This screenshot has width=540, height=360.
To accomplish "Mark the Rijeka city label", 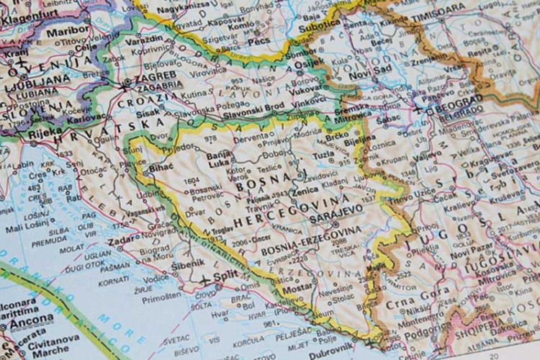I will coord(39,132).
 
